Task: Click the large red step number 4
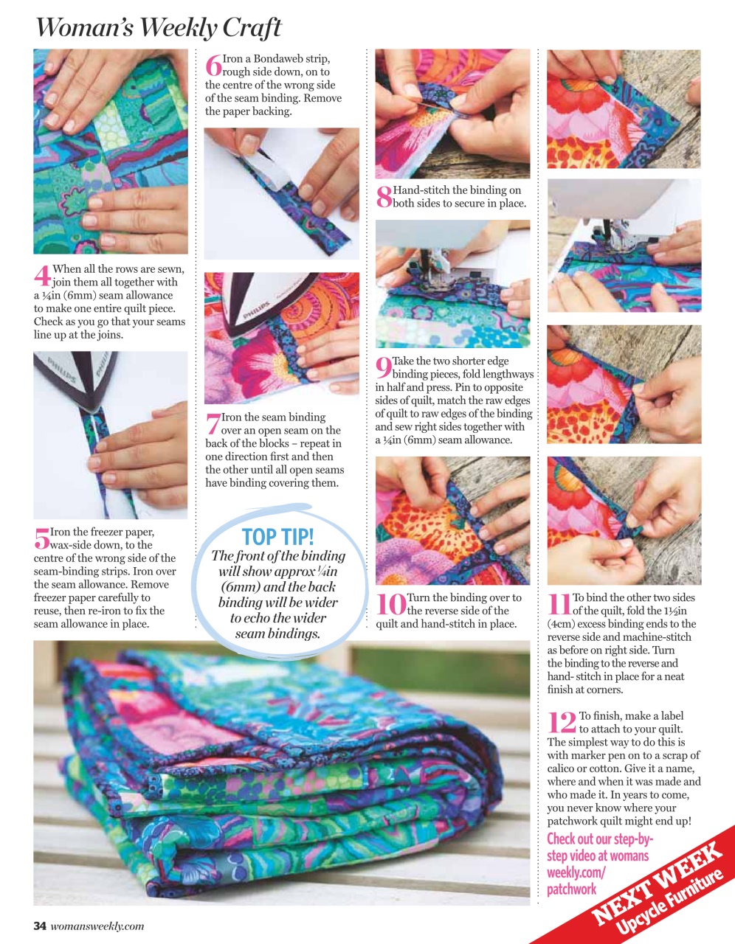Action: (42, 276)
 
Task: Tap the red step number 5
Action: (41, 538)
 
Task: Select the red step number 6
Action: (213, 65)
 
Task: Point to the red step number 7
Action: (213, 424)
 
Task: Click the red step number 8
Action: (384, 197)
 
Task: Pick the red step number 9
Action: (384, 368)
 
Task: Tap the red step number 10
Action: (390, 605)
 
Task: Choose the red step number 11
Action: (559, 605)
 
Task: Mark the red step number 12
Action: (562, 723)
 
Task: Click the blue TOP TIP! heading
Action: (277, 536)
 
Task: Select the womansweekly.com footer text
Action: (97, 926)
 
